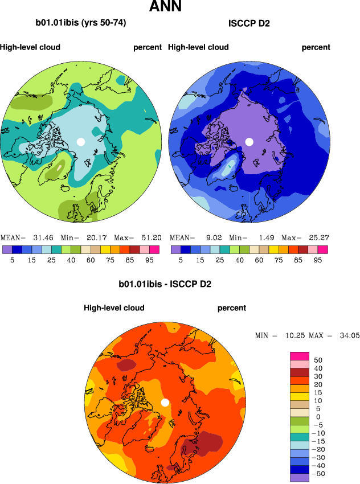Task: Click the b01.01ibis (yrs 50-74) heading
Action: click(81, 23)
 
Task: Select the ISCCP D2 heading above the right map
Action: click(249, 23)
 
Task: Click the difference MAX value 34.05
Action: click(347, 336)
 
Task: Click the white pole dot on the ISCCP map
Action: click(249, 141)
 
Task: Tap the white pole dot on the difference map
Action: click(165, 403)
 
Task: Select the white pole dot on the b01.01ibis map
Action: click(81, 141)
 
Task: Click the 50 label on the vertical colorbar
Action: click(318, 360)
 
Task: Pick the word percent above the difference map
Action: click(232, 308)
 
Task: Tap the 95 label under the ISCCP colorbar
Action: click(318, 259)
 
